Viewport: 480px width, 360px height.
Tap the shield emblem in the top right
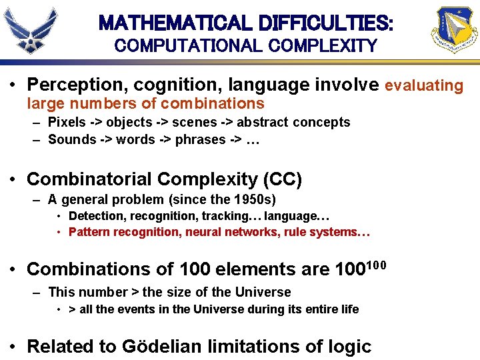(x=455, y=30)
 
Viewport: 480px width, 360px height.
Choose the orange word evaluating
(x=424, y=85)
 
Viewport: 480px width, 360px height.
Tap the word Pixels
(x=67, y=122)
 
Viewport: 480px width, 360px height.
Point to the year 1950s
(x=250, y=199)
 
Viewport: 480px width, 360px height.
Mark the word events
(x=133, y=309)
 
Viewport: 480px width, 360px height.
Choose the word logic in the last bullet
(x=348, y=347)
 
